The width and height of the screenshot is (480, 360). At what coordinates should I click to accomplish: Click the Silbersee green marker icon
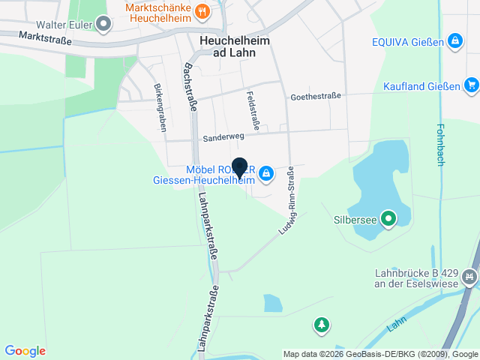[388, 220]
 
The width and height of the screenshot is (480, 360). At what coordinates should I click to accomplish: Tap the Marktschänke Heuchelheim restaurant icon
[202, 11]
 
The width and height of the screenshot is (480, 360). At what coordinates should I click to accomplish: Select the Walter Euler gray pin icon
[104, 24]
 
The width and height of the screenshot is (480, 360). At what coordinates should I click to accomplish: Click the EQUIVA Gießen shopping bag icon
[454, 40]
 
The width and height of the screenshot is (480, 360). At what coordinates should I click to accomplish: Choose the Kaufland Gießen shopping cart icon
[470, 85]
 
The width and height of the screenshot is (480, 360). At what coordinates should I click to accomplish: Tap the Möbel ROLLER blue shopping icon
[265, 175]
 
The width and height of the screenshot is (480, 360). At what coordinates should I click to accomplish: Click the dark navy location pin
[239, 168]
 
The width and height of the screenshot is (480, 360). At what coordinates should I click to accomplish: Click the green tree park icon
[322, 325]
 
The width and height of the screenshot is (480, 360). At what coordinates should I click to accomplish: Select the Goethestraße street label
[316, 96]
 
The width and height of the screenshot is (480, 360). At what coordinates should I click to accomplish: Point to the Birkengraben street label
[160, 107]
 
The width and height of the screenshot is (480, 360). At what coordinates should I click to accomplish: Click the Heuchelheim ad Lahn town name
[228, 47]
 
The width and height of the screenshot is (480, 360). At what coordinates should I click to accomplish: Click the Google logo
[25, 351]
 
